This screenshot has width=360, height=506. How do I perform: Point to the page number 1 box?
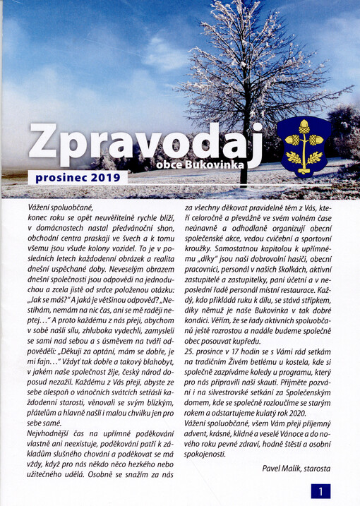point(320,490)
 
